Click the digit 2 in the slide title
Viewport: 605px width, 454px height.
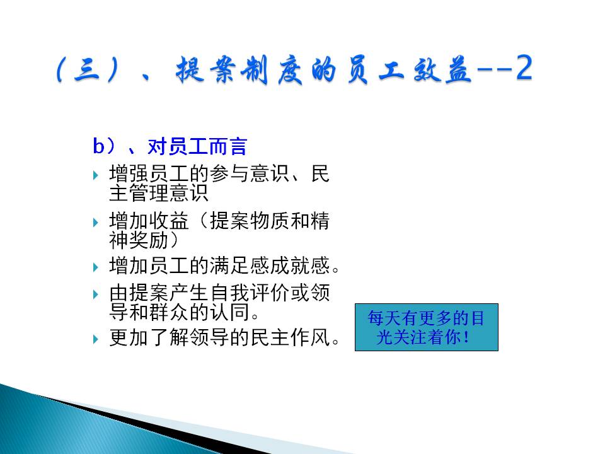524,67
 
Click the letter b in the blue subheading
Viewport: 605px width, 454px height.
98,146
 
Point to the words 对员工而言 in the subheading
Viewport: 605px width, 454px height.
197,146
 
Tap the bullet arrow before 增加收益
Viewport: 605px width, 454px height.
96,223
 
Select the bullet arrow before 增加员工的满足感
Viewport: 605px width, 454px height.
96,267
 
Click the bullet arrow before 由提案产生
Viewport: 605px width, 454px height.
96,294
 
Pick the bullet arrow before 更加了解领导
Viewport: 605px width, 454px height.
96,339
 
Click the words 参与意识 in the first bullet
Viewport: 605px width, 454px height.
250,173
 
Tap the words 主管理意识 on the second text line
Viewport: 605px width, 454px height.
159,193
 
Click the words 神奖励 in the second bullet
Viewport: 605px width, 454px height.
139,240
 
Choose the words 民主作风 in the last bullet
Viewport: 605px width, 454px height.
290,338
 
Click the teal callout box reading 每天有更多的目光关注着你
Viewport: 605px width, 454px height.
427,327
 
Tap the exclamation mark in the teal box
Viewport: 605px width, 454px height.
467,337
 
